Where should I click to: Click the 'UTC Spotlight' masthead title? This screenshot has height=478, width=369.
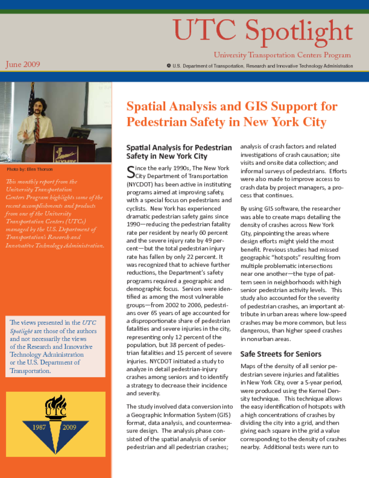tap(263, 30)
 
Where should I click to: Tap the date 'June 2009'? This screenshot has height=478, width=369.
tap(23, 64)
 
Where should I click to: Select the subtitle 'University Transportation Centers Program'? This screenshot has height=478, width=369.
tap(282, 55)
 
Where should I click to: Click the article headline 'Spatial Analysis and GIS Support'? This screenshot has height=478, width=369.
tap(232, 106)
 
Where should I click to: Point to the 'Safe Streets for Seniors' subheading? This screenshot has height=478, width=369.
tap(281, 354)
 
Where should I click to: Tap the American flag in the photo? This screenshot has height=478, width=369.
tap(32, 99)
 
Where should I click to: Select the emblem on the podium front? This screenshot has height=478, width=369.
tap(65, 153)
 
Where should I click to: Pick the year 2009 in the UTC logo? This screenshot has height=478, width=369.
tap(70, 427)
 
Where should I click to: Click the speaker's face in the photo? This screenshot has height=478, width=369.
tap(38, 106)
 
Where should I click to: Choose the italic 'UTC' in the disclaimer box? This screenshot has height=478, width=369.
tap(90, 323)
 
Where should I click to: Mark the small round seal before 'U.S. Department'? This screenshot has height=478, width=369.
tap(168, 66)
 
